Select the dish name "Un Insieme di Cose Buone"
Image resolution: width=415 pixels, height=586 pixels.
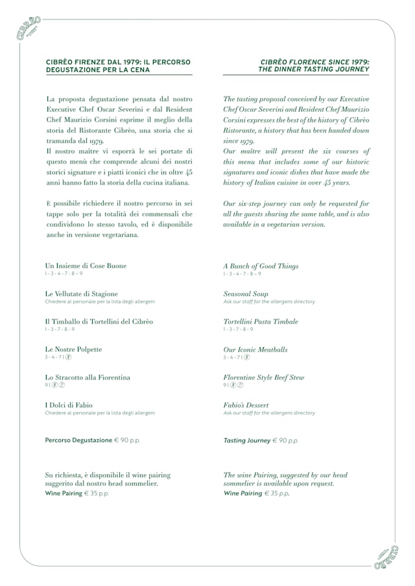click(x=86, y=265)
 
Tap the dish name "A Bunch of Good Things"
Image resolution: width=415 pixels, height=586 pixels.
click(x=261, y=266)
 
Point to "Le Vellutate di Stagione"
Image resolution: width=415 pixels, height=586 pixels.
click(x=82, y=293)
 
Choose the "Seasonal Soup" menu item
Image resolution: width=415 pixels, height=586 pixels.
click(x=246, y=294)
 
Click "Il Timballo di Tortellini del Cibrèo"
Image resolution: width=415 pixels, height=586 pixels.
click(x=99, y=321)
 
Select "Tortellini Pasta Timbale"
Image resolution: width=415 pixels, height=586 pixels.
click(x=261, y=322)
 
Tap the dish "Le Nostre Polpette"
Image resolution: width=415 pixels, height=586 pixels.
click(x=73, y=349)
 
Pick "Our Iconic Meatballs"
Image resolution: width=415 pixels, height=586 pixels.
click(x=255, y=350)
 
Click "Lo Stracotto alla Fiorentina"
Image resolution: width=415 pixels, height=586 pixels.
click(x=88, y=377)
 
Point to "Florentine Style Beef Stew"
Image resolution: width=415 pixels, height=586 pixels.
click(x=264, y=378)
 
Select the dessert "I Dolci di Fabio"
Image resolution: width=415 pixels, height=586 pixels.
click(x=69, y=405)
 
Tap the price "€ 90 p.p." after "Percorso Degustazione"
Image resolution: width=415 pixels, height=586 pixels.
click(x=127, y=440)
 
